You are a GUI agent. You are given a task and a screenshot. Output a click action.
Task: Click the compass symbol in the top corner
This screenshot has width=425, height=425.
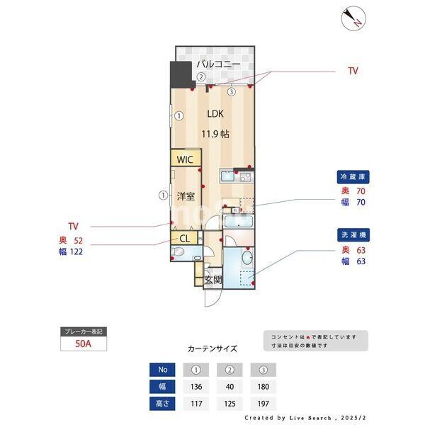click(x=352, y=18)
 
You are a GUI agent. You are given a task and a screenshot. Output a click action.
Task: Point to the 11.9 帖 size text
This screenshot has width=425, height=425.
click(x=215, y=133)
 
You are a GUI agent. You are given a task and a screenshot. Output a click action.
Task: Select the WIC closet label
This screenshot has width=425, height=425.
click(x=185, y=159)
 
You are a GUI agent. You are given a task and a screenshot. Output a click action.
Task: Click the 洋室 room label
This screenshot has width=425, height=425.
click(x=186, y=195)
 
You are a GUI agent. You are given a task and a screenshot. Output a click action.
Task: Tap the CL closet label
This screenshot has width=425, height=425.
click(x=183, y=239)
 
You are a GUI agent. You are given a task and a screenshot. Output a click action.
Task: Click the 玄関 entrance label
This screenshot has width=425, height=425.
click(x=212, y=280)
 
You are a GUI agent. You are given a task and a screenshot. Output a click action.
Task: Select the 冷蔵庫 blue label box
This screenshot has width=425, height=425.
click(x=353, y=177)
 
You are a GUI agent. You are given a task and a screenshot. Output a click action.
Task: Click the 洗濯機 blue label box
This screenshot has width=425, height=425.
click(x=353, y=234)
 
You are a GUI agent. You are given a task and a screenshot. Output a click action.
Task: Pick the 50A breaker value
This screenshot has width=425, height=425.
click(x=84, y=345)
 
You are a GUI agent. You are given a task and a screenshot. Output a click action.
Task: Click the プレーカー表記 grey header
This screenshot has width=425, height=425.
click(x=84, y=331)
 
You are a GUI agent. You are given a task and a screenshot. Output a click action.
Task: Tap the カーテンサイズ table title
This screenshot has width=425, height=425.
click(x=212, y=349)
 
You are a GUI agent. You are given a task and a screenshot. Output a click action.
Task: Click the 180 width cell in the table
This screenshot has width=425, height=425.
click(x=263, y=387)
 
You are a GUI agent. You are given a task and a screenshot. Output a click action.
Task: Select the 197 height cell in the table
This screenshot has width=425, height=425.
click(x=263, y=404)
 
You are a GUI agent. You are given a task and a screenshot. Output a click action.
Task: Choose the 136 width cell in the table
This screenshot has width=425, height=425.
click(x=196, y=387)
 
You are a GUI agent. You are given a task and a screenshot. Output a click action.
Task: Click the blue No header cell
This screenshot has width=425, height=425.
click(x=162, y=369)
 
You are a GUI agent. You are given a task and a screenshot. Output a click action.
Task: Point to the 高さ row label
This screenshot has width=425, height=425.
click(x=162, y=404)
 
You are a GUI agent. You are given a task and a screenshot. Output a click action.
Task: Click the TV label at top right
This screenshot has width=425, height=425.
click(x=353, y=71)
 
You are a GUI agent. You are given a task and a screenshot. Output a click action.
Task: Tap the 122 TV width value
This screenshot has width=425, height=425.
click(x=77, y=251)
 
